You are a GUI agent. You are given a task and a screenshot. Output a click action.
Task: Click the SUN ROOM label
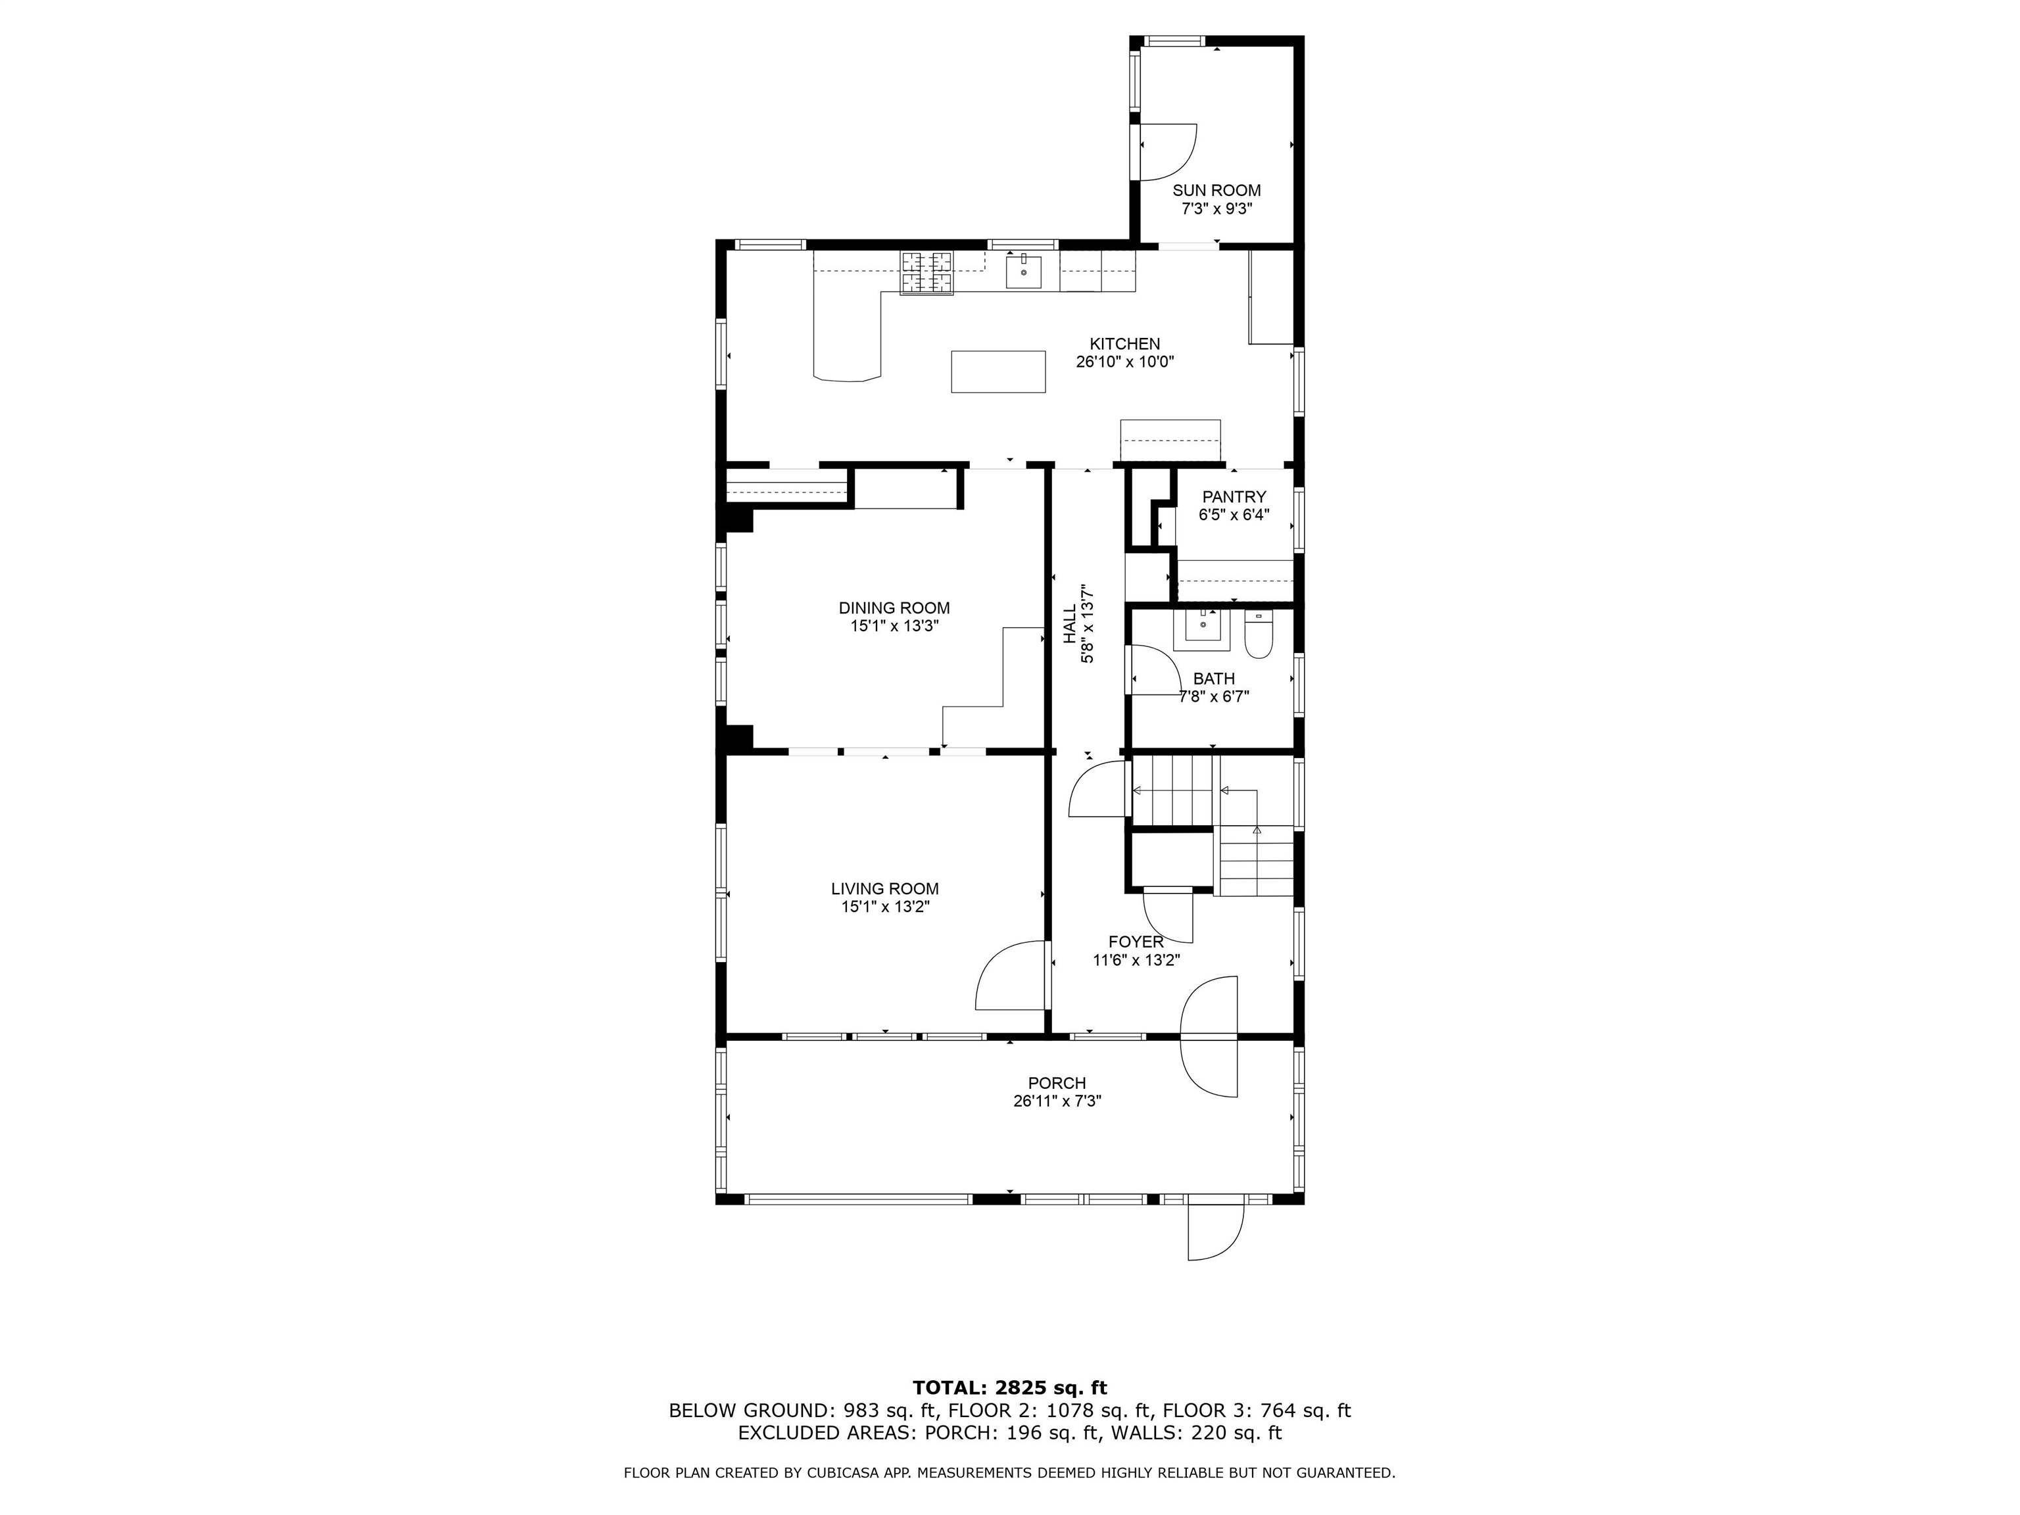tap(1216, 190)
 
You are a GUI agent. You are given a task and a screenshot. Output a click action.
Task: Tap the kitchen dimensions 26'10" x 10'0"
tap(1124, 362)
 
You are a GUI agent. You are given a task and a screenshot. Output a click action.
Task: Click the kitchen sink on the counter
tap(1024, 271)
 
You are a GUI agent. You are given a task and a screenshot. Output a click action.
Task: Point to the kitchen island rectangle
tap(998, 372)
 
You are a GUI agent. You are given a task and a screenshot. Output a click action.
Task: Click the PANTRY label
tap(1234, 497)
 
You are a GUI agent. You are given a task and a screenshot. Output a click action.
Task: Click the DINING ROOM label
tap(894, 608)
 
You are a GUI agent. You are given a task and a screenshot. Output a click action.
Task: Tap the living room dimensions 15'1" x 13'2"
tap(885, 907)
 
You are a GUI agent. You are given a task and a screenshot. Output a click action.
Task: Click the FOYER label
tap(1136, 942)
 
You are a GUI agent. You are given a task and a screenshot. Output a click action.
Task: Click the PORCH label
tap(1057, 1083)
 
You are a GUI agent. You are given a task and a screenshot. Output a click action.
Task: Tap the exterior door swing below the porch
tap(1215, 1231)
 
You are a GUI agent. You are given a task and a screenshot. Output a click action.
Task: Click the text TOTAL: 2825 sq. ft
tap(1009, 1389)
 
